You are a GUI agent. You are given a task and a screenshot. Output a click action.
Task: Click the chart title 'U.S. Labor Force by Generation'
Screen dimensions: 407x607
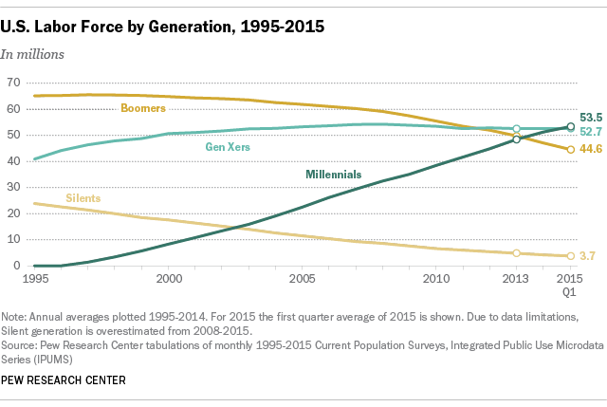pos(163,26)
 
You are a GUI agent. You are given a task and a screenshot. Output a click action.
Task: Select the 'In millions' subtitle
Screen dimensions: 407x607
pos(32,54)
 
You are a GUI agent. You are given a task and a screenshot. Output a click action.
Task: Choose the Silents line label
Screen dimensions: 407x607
pos(83,198)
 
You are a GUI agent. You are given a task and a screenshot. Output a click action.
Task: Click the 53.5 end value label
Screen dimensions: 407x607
pos(591,116)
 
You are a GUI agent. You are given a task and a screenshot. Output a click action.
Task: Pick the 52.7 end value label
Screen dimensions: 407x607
pos(591,131)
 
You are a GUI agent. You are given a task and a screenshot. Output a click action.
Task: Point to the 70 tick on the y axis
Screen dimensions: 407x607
pos(12,83)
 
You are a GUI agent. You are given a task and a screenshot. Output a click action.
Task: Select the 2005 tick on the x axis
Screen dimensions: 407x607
pos(303,280)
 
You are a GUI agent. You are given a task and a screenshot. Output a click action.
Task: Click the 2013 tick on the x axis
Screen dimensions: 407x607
pos(516,280)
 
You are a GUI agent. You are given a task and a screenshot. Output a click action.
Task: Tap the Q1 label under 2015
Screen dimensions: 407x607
pos(570,293)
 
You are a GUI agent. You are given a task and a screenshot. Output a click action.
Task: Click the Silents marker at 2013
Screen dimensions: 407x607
pos(516,253)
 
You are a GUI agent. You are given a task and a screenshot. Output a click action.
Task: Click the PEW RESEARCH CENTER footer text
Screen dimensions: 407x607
pos(64,380)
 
